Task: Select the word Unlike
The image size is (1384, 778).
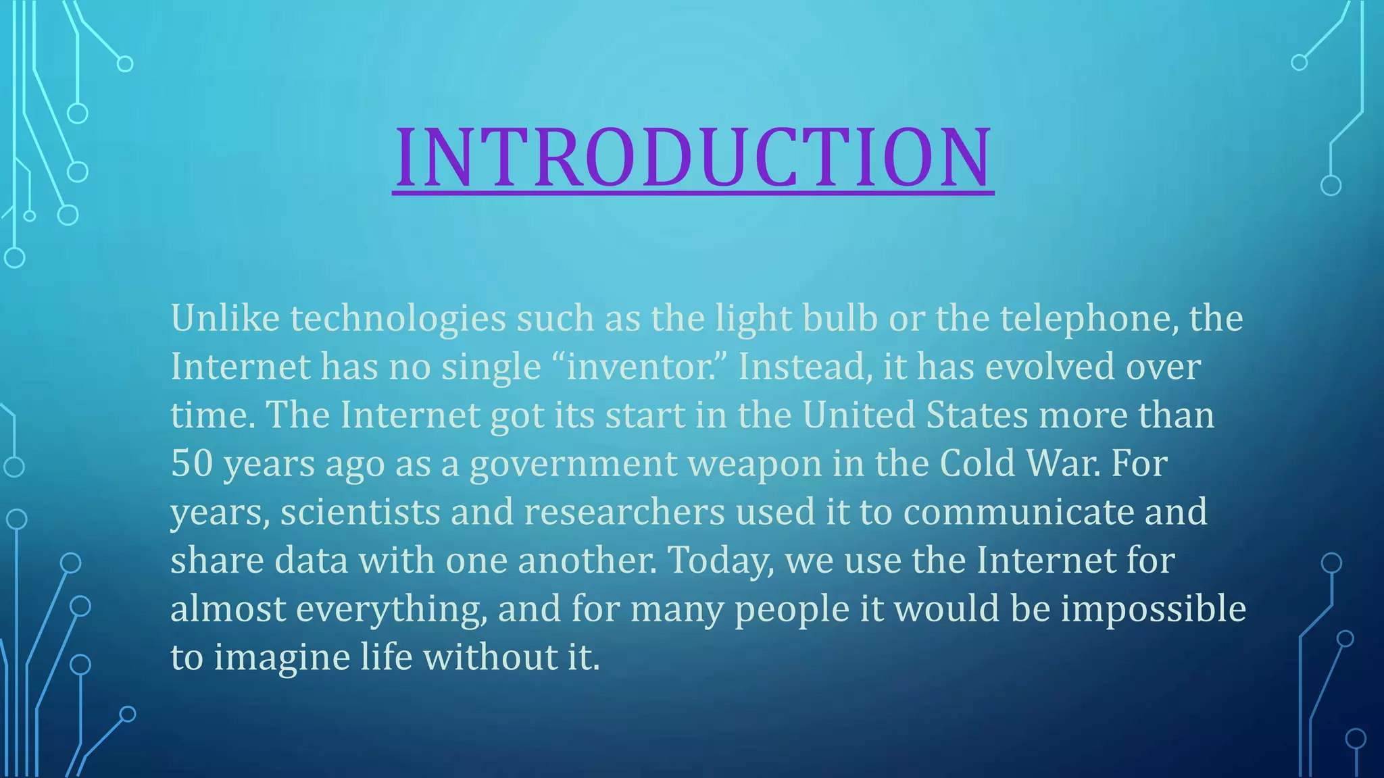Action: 225,318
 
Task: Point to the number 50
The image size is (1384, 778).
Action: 192,464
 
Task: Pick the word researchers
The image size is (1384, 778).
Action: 624,513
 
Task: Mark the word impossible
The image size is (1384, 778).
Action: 1153,610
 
